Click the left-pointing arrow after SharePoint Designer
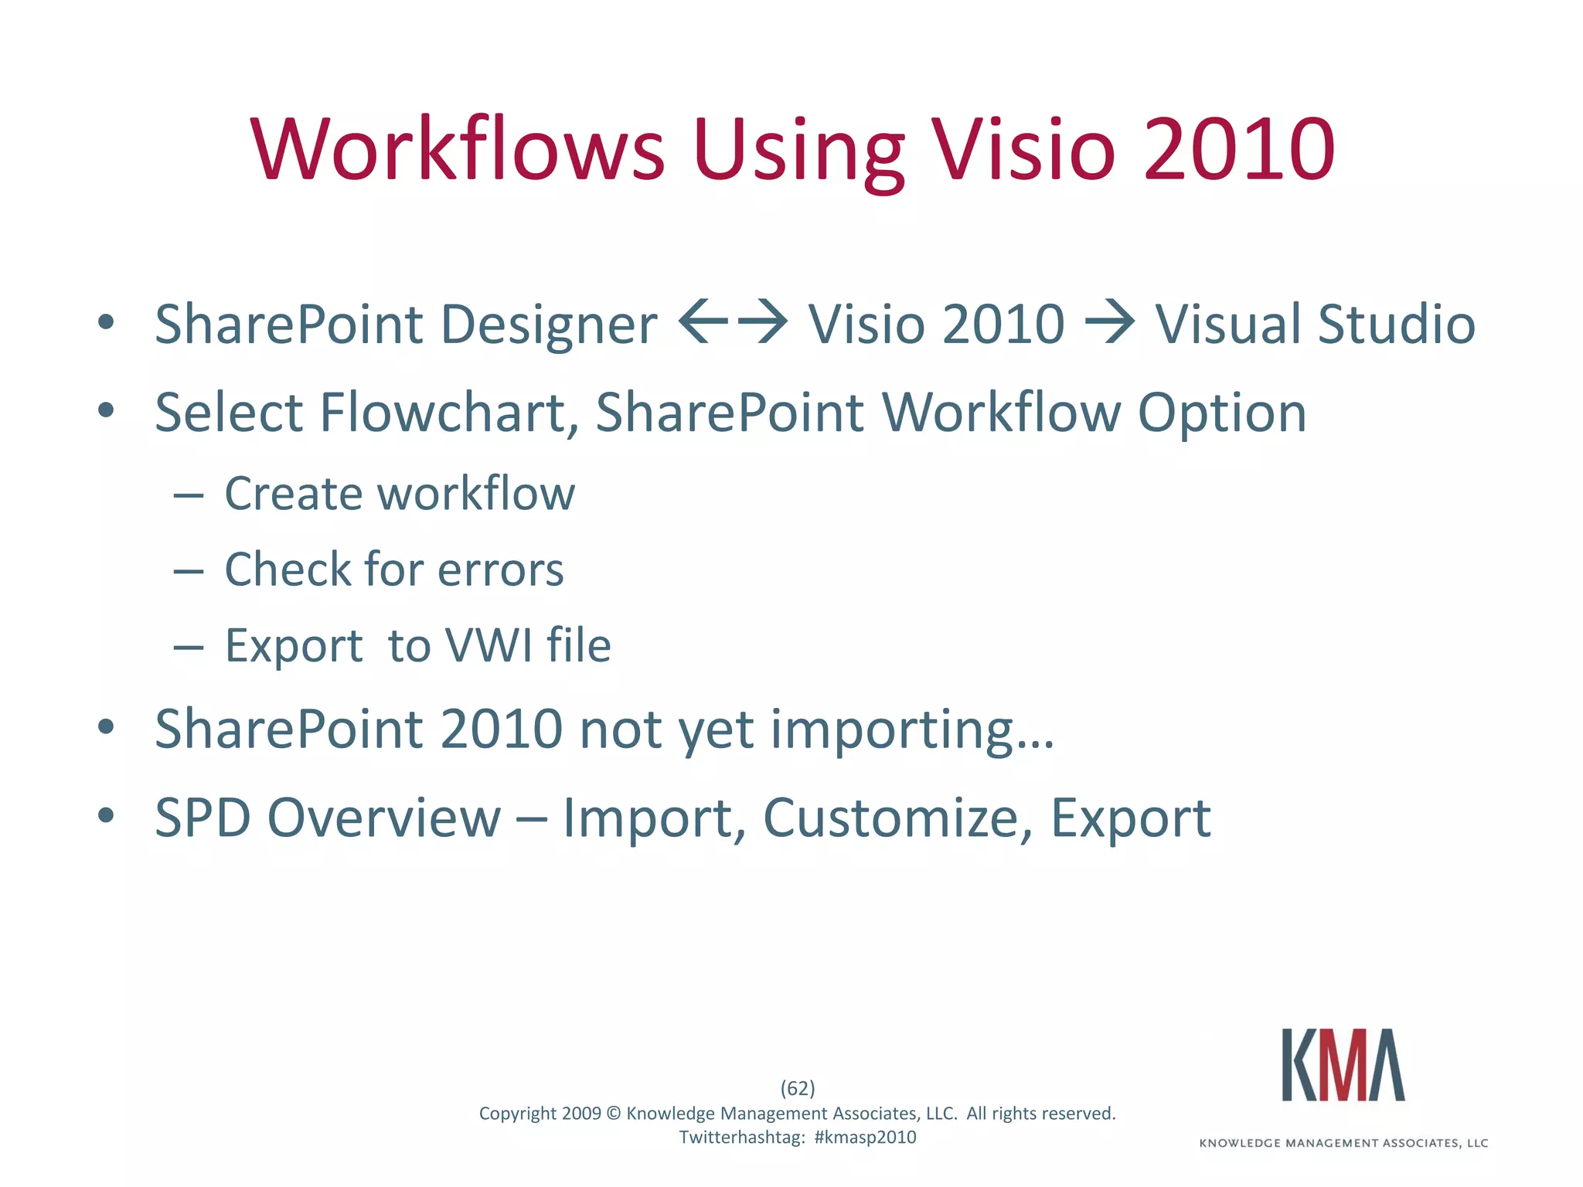(x=703, y=321)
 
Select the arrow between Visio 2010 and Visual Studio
(x=1110, y=321)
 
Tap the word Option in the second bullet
(x=1222, y=414)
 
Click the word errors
(x=501, y=570)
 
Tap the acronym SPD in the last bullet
(x=203, y=818)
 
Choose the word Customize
(x=897, y=818)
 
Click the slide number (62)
(x=798, y=1088)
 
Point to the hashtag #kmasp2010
(x=865, y=1137)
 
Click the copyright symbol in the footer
(x=614, y=1114)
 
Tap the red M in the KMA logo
(x=1344, y=1065)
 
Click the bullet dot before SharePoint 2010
(x=107, y=727)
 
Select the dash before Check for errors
(x=188, y=571)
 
